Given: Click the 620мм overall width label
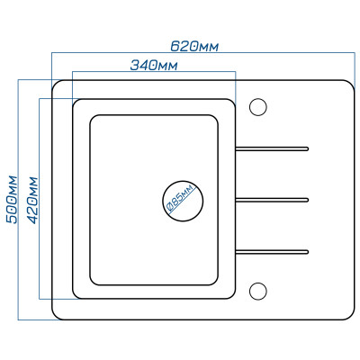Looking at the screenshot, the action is (194, 46).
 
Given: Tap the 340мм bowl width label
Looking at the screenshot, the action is (154, 65).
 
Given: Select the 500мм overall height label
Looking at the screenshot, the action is (13, 200).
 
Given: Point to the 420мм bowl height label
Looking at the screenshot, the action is (32, 201).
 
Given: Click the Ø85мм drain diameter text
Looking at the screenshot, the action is (180, 199).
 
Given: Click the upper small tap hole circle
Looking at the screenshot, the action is (258, 107).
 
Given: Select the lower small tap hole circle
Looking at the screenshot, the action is (258, 292).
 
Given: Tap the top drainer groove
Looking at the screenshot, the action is (272, 148).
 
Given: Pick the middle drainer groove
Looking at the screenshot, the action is (272, 200).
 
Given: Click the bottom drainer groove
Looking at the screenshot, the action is (272, 252).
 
